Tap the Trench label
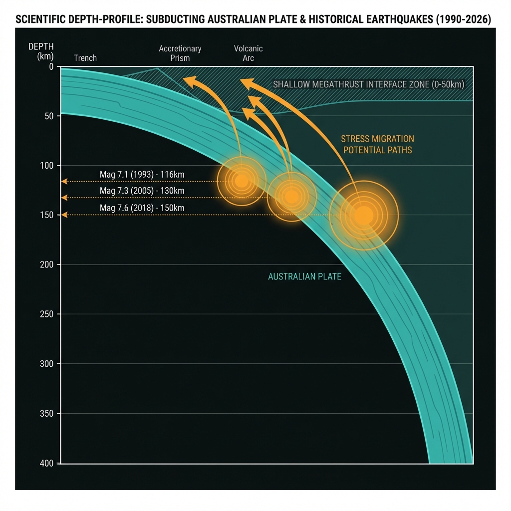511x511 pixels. pyautogui.click(x=85, y=58)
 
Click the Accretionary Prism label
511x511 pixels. pyautogui.click(x=180, y=53)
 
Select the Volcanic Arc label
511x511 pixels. pyautogui.click(x=249, y=53)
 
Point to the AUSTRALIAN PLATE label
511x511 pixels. pyautogui.click(x=304, y=276)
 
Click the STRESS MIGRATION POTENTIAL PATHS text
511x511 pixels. pyautogui.click(x=377, y=144)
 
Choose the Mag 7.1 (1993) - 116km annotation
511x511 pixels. pyautogui.click(x=142, y=175)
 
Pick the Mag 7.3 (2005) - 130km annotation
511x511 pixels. pyautogui.click(x=142, y=191)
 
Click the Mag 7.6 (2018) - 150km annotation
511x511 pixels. pyautogui.click(x=142, y=208)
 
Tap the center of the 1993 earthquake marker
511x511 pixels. pyautogui.click(x=242, y=180)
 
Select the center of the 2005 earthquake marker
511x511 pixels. pyautogui.click(x=292, y=197)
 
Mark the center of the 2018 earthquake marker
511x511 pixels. pyautogui.click(x=363, y=215)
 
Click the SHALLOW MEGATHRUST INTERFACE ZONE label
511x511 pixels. pyautogui.click(x=368, y=84)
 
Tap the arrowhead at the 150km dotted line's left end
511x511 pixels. pyautogui.click(x=63, y=215)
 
